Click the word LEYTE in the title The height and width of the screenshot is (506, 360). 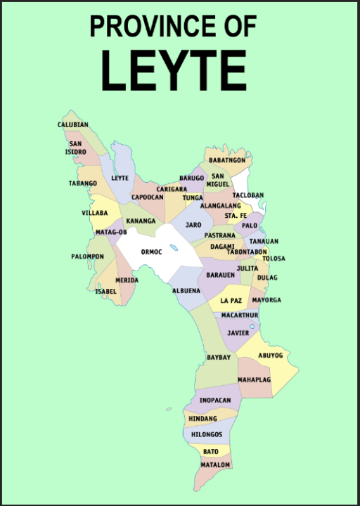coord(173,71)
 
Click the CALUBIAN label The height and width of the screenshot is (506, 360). coord(73,125)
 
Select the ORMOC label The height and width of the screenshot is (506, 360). coord(151,252)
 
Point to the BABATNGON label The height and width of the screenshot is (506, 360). coord(226,160)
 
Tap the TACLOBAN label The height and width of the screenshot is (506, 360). coord(247,195)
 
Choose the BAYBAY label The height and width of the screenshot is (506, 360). coord(219,358)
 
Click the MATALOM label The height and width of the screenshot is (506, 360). coord(215,465)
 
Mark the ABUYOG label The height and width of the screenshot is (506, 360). coord(270,356)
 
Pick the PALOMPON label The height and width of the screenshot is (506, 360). coord(87,257)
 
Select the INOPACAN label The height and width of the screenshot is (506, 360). coord(214,400)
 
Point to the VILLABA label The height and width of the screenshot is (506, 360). coord(95,212)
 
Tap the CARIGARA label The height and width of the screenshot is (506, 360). coord(172,189)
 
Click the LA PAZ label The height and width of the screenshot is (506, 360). coord(231,300)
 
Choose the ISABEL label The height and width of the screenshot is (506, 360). coord(106,291)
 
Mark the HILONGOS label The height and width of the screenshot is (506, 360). coord(207,434)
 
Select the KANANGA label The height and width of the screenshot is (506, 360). coord(141,221)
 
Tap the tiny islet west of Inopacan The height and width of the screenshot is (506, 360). coord(169,409)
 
